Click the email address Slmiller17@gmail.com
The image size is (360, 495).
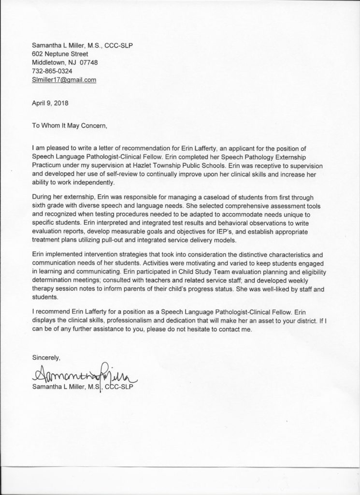coord(64,80)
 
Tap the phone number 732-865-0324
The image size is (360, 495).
coord(52,71)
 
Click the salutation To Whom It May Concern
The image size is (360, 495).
coord(68,125)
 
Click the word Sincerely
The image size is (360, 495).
coord(46,358)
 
